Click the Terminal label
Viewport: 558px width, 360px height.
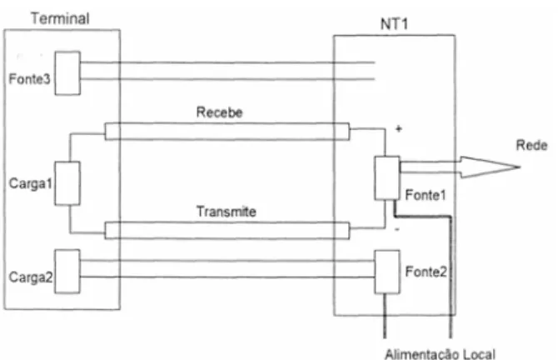(x=60, y=18)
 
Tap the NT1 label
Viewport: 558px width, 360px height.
(x=394, y=24)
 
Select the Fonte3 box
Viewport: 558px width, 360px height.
(x=67, y=73)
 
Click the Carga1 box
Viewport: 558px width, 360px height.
(x=67, y=183)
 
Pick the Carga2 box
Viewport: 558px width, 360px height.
(x=67, y=272)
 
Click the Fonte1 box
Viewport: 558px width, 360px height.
(x=387, y=178)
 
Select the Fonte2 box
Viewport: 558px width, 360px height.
(x=387, y=272)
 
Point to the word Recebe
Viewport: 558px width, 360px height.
(x=220, y=112)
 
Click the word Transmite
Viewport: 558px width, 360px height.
(x=227, y=212)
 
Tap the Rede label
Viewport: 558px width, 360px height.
(x=531, y=145)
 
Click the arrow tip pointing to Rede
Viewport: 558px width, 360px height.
(x=520, y=167)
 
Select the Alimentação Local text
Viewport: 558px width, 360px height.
(x=440, y=354)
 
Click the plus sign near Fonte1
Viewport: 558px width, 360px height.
(x=399, y=129)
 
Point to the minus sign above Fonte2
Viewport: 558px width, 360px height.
(x=397, y=230)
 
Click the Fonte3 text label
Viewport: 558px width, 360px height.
(x=29, y=78)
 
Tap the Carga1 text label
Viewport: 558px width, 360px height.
(x=31, y=183)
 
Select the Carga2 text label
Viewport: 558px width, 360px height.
(x=31, y=277)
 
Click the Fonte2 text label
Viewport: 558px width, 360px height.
(x=426, y=272)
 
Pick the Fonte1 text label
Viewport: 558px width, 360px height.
(x=426, y=195)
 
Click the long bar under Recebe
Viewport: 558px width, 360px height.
(x=227, y=132)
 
